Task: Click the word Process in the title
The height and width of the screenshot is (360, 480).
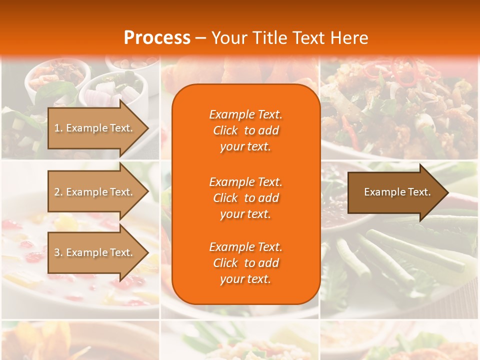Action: click(x=157, y=38)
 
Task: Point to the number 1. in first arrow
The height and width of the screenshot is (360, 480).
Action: click(x=58, y=128)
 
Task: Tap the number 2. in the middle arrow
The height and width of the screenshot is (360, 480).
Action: click(x=58, y=192)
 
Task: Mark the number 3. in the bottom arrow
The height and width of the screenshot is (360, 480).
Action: click(x=58, y=252)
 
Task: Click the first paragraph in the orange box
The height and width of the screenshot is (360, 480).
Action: click(x=245, y=130)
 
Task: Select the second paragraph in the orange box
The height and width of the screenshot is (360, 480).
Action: click(x=245, y=197)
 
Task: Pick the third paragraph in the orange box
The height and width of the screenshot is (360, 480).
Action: click(x=245, y=263)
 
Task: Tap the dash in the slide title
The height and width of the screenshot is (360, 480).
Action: click(x=201, y=38)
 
